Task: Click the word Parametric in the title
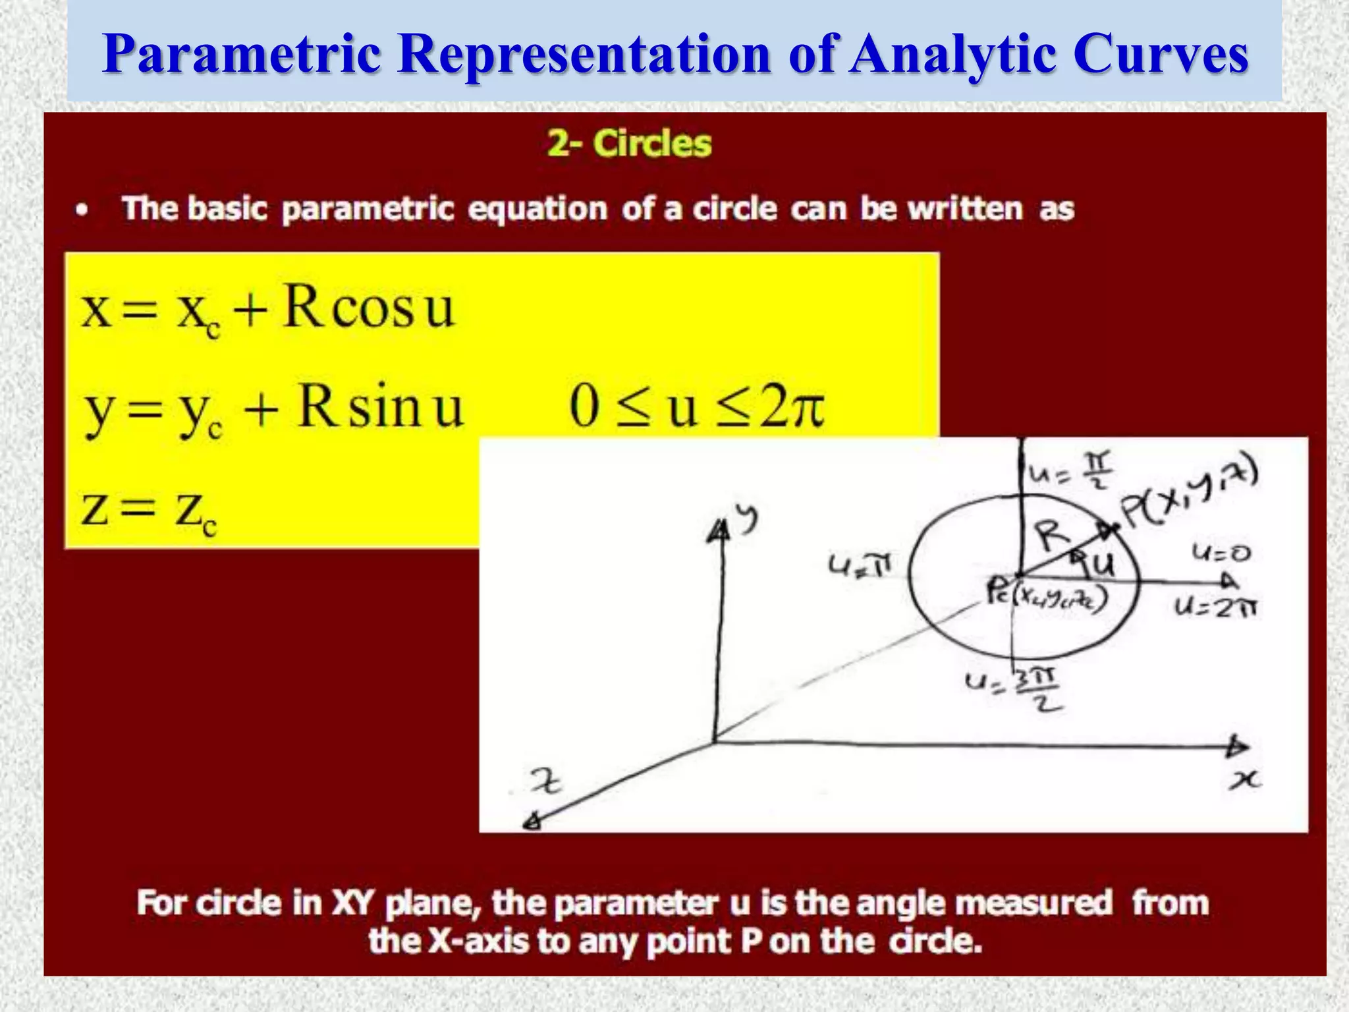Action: [242, 54]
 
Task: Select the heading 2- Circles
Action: [629, 144]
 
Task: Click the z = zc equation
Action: [149, 511]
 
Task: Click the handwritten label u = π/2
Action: [1070, 470]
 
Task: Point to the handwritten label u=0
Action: [1221, 553]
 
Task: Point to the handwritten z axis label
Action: [547, 783]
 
